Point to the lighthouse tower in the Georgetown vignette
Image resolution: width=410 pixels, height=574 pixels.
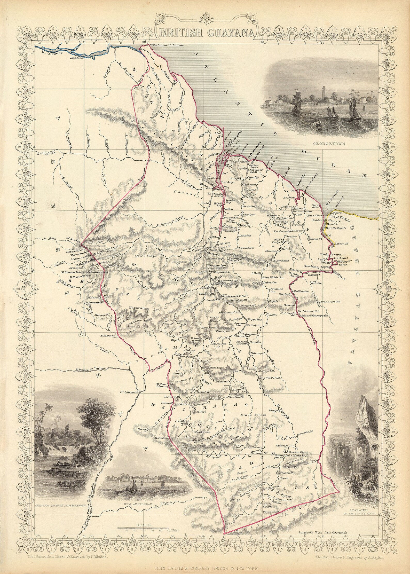point(321,90)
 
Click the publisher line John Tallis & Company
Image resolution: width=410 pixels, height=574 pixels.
point(206,567)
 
